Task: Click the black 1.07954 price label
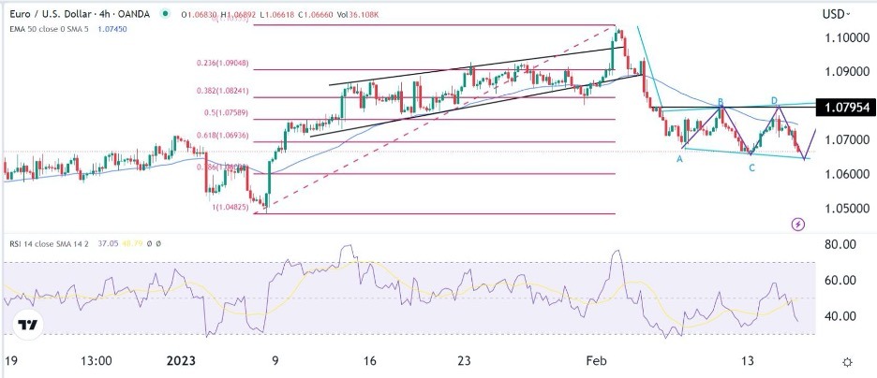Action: tap(845, 107)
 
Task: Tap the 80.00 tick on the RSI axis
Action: tap(841, 244)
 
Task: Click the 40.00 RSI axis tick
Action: tap(841, 315)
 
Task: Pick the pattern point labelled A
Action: tap(680, 159)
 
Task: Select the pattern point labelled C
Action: tap(751, 167)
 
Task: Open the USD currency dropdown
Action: tap(836, 13)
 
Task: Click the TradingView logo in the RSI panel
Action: tap(29, 325)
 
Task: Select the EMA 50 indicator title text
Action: tap(61, 29)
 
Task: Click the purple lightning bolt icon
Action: tap(797, 224)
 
